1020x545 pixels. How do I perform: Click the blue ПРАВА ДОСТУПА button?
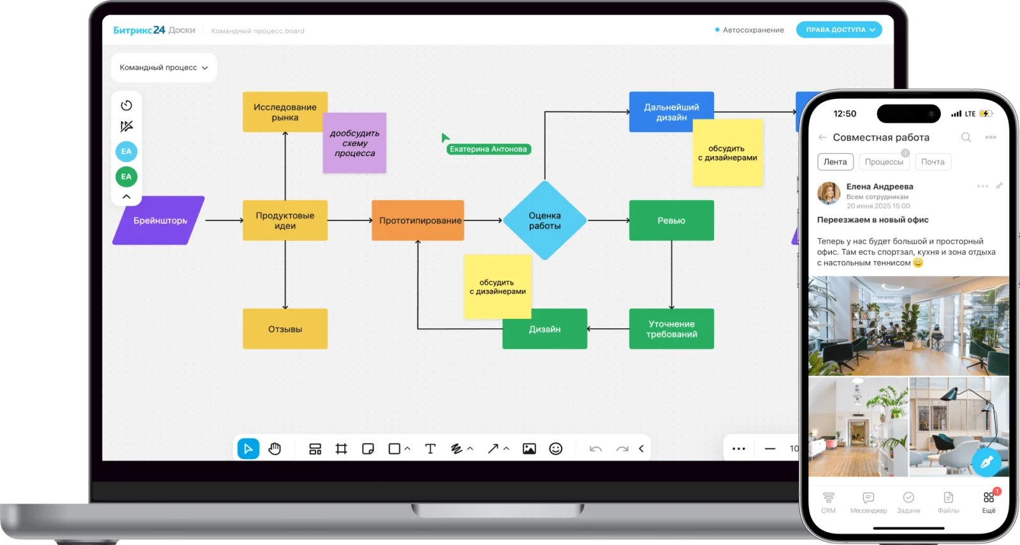838,30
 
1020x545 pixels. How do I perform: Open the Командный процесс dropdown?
164,68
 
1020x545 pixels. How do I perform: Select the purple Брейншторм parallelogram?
159,221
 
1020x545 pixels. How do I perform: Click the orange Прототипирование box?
418,221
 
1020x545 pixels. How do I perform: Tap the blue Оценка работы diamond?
544,221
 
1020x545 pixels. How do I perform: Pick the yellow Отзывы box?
285,329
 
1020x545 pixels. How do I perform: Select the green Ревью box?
671,221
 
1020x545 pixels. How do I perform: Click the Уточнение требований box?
671,329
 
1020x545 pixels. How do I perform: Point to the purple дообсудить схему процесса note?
354,143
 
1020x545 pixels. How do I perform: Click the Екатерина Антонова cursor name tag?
488,149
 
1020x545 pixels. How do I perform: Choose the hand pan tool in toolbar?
275,449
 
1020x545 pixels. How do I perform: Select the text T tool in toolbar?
430,449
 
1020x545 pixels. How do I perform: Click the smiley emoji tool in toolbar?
556,449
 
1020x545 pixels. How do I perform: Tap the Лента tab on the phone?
835,162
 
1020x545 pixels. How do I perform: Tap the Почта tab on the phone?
933,162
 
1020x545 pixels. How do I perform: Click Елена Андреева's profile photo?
829,193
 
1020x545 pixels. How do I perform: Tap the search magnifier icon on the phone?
966,137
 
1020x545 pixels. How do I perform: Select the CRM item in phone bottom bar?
828,502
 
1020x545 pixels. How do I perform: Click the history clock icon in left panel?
126,105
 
